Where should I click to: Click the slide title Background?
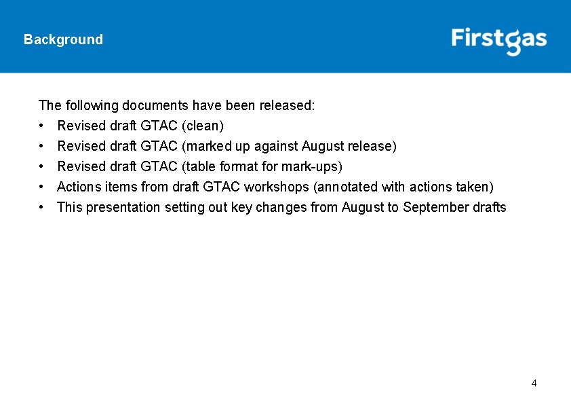coord(63,39)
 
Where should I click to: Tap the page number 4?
coord(534,384)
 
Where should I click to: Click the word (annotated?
coord(343,187)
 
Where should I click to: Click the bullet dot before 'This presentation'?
coord(42,207)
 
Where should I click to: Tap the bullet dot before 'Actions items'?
coord(42,187)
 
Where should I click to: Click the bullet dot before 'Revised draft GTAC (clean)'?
coord(42,126)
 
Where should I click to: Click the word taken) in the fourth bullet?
coord(477,187)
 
